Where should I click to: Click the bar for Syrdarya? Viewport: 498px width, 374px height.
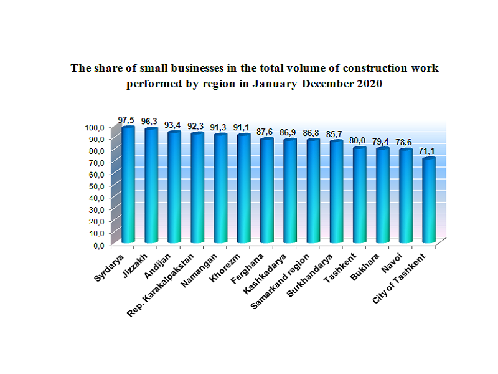[128, 187]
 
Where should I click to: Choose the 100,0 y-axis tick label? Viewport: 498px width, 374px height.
[92, 127]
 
